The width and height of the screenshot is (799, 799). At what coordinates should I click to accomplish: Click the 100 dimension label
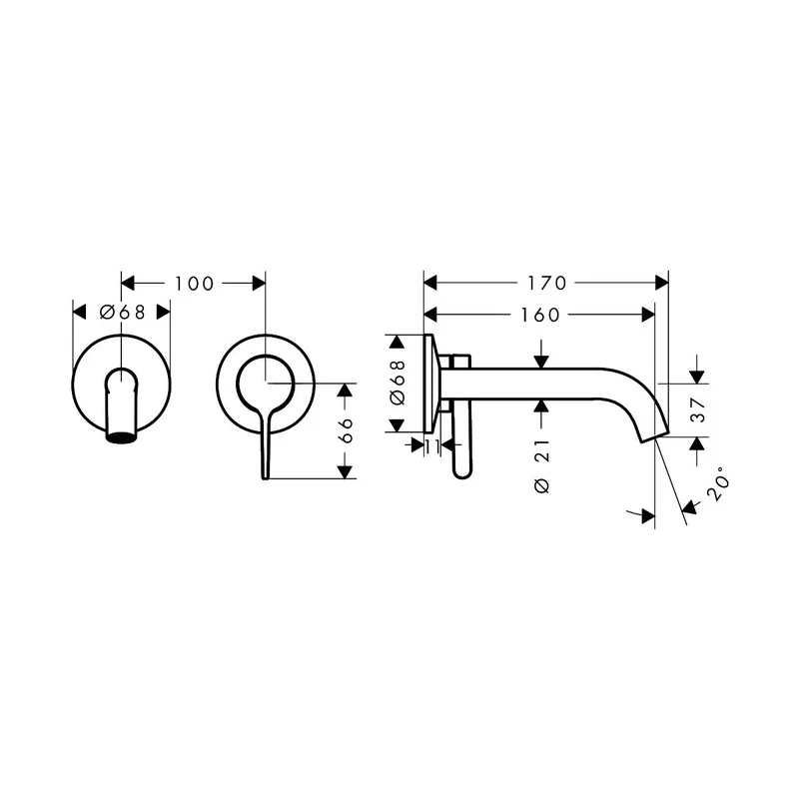coord(194,284)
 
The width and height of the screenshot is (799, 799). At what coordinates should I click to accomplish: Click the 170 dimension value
coord(546,283)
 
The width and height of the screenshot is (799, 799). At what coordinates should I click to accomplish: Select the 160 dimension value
coord(540,315)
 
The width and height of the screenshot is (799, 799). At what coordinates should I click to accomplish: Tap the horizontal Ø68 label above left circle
coord(122,312)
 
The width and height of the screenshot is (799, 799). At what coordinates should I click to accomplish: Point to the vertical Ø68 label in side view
coord(397,383)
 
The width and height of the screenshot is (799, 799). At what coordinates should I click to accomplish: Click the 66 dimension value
coord(346,430)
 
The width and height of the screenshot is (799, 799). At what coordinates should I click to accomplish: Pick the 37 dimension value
coord(697,410)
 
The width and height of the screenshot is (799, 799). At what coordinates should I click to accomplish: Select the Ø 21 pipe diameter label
coord(542,465)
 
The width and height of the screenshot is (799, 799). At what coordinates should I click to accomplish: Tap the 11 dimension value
coord(432,446)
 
